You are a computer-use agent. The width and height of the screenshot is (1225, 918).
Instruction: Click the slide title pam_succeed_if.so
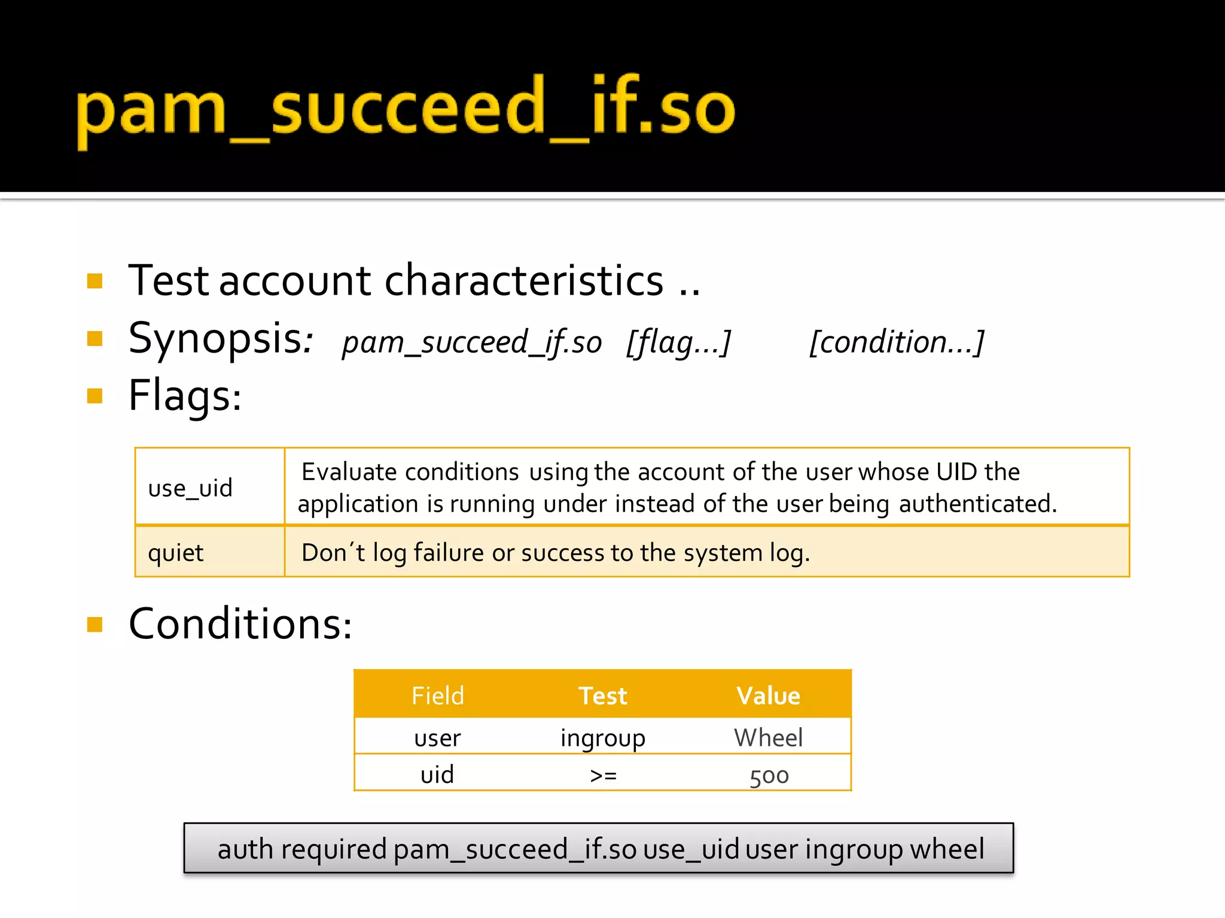pos(405,111)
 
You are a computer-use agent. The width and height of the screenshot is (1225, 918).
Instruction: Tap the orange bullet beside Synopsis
pos(95,339)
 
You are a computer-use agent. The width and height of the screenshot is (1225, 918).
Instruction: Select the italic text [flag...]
pos(678,342)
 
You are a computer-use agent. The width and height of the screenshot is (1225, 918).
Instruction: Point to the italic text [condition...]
pos(896,342)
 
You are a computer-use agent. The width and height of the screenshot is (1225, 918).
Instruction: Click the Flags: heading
pos(185,396)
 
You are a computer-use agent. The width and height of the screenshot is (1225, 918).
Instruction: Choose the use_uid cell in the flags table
pos(190,488)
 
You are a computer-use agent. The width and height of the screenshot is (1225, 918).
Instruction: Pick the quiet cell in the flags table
pos(176,553)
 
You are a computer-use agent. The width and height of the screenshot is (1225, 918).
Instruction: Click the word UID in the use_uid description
pos(956,472)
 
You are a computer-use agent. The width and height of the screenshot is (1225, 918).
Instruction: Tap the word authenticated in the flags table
pos(977,504)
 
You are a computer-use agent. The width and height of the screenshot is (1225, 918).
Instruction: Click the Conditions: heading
pos(240,624)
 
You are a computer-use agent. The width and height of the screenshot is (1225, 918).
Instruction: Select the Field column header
pos(437,696)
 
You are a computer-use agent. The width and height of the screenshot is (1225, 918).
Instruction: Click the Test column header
pos(602,696)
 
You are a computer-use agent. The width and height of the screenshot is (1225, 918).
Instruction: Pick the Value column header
pos(768,696)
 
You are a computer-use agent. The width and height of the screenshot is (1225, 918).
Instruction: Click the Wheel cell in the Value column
pos(768,738)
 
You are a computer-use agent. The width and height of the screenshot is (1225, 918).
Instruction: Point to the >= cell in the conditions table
pos(603,775)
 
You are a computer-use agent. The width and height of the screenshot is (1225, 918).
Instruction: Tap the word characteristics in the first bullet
pos(523,281)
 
